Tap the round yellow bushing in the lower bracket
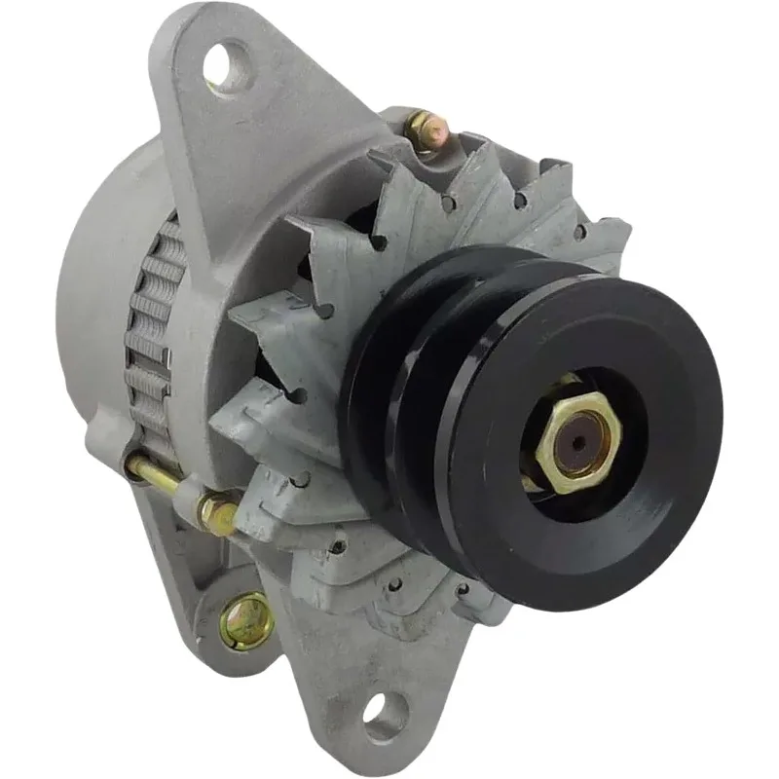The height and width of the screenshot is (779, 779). point(242,615)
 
